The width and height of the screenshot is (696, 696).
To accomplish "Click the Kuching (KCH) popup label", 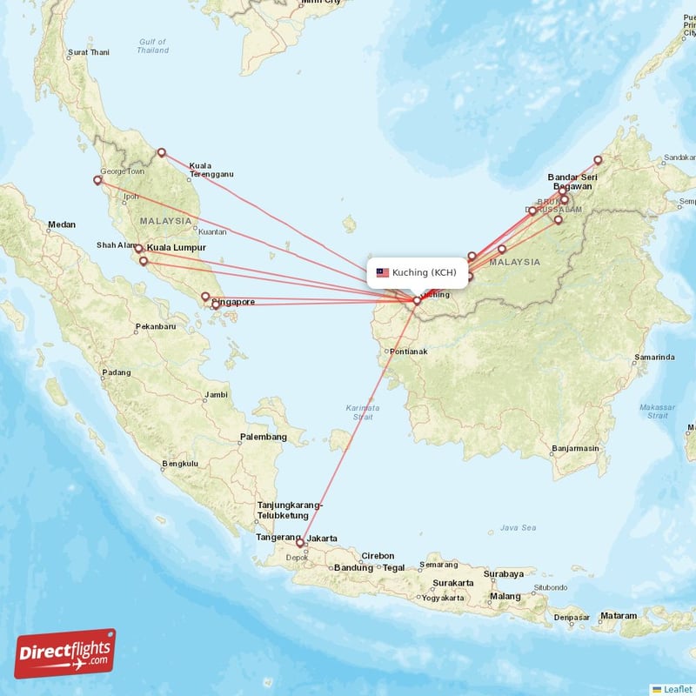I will point(424,272).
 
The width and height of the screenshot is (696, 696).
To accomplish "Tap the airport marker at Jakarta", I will point(300,543).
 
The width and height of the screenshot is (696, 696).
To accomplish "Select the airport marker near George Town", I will point(97,181).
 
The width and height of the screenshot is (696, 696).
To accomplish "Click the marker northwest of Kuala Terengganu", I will point(161,153).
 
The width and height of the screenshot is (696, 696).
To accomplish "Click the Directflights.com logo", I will point(64,653).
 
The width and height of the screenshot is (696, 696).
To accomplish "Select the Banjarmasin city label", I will point(575,449).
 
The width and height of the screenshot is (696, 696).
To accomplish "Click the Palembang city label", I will point(264,437).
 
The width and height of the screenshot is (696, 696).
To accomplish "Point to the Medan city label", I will point(62,224).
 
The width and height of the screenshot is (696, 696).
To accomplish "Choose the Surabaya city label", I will point(504,573).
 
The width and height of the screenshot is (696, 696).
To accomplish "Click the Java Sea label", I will point(519,527).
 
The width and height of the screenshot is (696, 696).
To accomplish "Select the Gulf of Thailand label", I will point(152,46).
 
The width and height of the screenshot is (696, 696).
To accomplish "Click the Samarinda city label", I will point(654,357).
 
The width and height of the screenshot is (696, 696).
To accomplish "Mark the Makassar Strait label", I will point(658,412).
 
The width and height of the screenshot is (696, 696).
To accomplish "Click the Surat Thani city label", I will point(89,52).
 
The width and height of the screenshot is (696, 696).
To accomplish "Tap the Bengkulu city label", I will point(181,464).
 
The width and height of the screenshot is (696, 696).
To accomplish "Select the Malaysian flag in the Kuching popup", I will point(382,272).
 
